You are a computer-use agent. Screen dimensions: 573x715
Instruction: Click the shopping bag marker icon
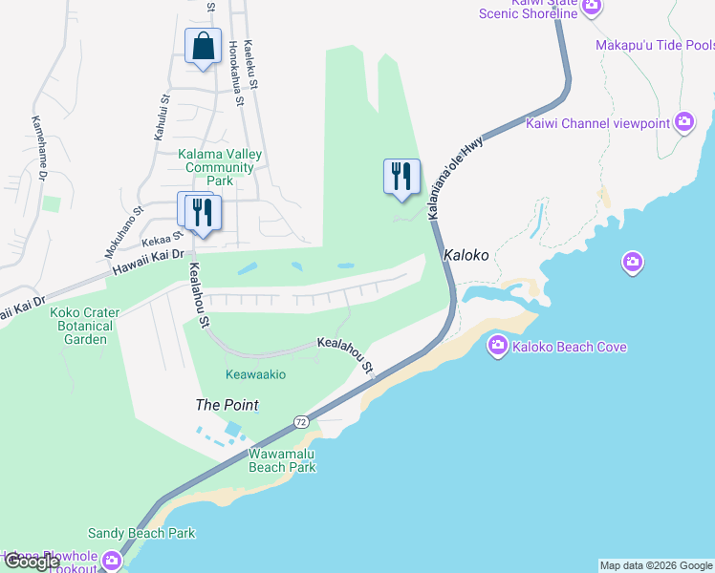(x=203, y=46)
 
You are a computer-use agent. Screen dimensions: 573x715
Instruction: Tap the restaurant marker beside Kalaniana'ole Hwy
(x=401, y=177)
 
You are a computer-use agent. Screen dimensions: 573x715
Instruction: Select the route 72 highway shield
(x=300, y=421)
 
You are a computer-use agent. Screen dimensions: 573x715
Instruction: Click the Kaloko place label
(x=466, y=256)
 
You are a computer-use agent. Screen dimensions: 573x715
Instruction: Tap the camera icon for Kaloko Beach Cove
(x=497, y=346)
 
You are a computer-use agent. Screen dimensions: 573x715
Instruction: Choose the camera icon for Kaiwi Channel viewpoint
(x=683, y=121)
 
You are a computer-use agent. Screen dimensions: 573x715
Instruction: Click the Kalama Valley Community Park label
(x=221, y=167)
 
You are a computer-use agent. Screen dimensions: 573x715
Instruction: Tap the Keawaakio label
(x=255, y=374)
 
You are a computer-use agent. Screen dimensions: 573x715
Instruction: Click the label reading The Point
(x=227, y=405)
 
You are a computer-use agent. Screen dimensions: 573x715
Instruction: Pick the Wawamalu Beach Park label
(x=282, y=460)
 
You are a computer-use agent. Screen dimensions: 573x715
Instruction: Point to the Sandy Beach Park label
(x=141, y=533)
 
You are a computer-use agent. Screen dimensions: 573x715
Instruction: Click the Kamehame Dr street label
(x=39, y=148)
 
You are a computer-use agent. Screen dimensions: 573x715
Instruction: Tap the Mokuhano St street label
(x=124, y=232)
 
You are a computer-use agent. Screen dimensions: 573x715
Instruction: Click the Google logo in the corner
(x=32, y=562)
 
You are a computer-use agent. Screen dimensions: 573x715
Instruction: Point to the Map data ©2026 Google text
(x=656, y=565)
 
